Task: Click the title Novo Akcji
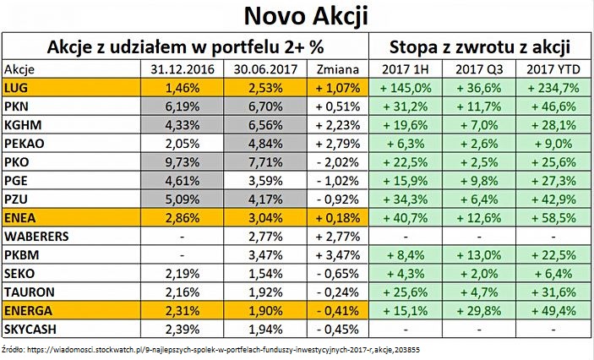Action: (297, 16)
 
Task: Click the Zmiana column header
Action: (335, 68)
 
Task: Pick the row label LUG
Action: (14, 87)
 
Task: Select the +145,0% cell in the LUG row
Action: (406, 87)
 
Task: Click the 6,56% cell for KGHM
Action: (267, 124)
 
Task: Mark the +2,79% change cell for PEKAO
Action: (335, 143)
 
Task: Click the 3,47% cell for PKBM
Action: (267, 254)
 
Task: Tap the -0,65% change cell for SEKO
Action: (335, 272)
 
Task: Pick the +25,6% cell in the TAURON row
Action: (406, 291)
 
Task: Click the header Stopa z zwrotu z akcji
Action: (478, 46)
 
